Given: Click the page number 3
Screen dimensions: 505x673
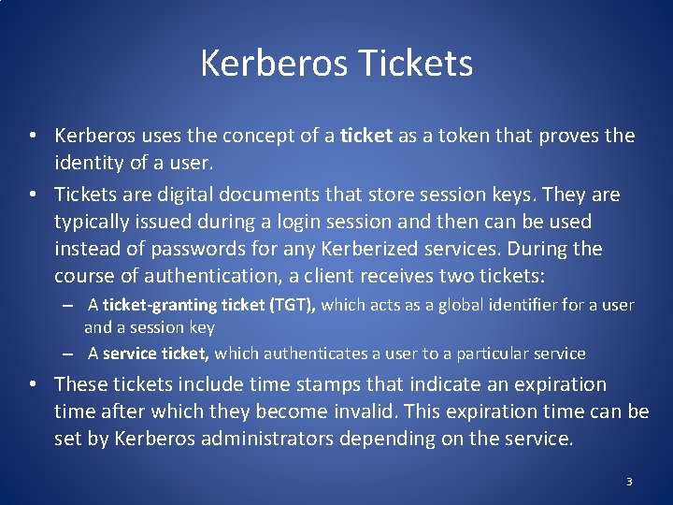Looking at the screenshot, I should [629, 482].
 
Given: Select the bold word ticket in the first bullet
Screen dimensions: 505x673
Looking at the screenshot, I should [366, 136].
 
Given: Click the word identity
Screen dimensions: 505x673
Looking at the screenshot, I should [91, 163].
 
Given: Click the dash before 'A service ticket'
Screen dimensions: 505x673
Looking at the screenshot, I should [69, 354].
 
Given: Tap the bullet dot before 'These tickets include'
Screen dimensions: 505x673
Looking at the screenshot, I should [32, 384].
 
